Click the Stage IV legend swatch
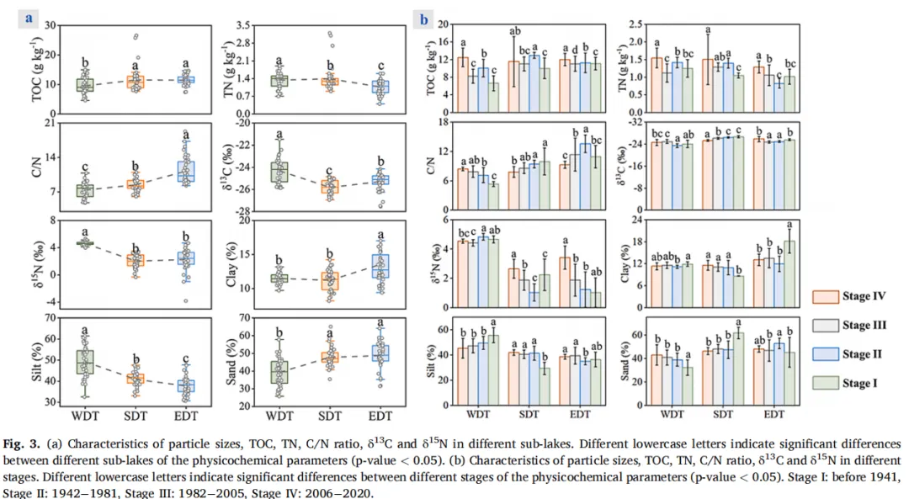coord(827,296)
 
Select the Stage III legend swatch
coord(827,326)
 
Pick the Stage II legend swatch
coord(827,355)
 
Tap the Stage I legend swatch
coord(827,385)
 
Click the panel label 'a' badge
coord(30,17)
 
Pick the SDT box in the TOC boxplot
coord(136,82)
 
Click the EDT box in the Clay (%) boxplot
coord(380,266)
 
